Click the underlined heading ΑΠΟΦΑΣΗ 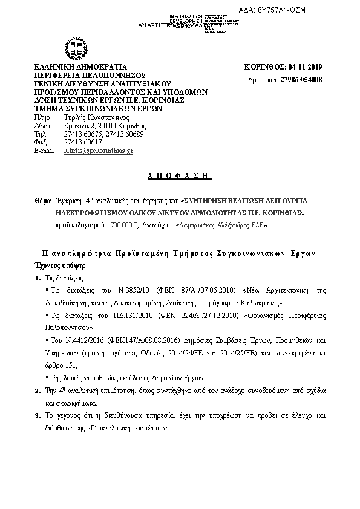[179, 175]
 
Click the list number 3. [37, 417]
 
